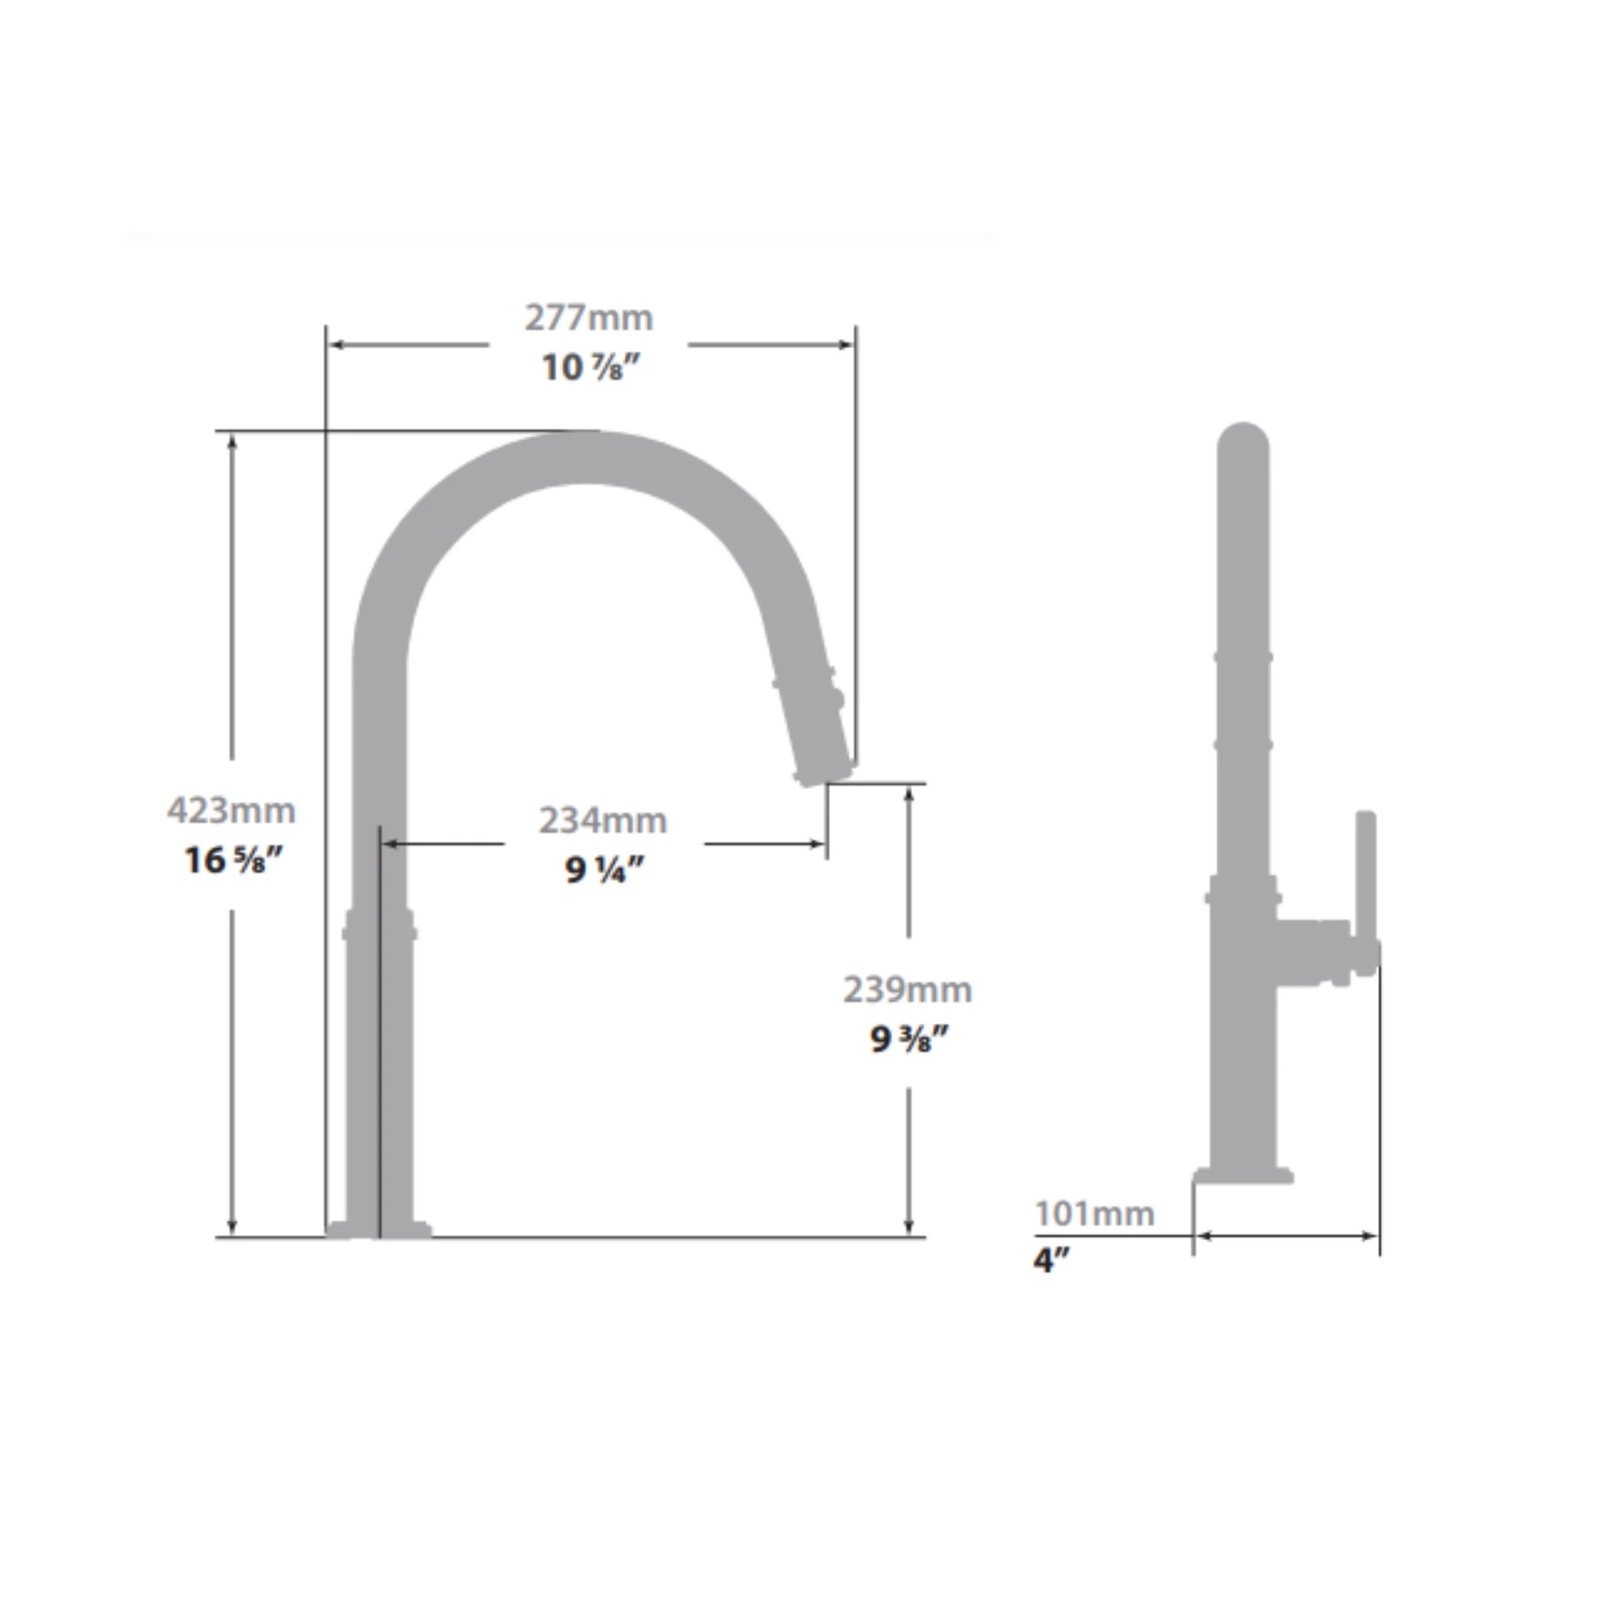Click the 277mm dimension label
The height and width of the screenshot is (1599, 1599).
coord(589,318)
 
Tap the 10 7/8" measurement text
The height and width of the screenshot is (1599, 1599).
coord(591,367)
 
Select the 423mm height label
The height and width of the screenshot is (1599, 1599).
coord(231,810)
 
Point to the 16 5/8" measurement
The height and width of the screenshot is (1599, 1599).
coord(233,860)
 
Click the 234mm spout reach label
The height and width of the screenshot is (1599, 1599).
coord(603,821)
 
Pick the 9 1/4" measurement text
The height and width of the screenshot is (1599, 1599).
coord(604,869)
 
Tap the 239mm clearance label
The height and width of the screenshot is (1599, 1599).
coord(908,990)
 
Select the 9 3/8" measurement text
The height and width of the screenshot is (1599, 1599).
coord(909,1039)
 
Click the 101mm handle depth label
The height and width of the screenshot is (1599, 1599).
coord(1094,1214)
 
